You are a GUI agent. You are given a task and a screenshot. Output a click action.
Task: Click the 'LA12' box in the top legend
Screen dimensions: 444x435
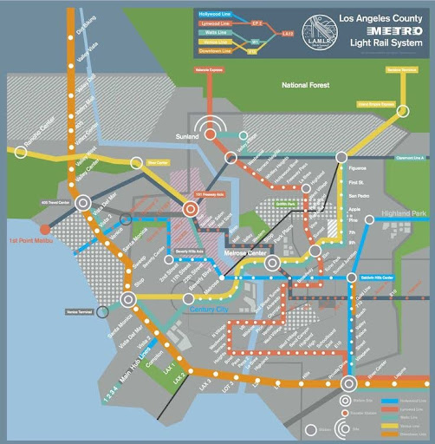pos(287,33)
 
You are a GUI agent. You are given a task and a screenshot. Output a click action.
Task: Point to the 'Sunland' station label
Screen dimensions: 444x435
pos(187,137)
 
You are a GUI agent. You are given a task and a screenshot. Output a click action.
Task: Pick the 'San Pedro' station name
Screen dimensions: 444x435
pos(358,197)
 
